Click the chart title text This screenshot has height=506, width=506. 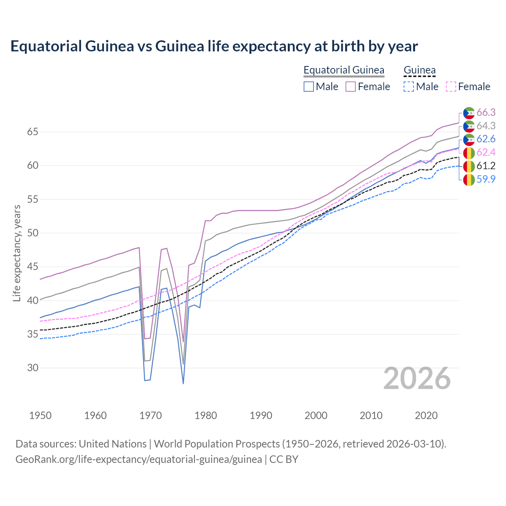pos(214,46)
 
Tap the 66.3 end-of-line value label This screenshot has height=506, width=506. pos(486,113)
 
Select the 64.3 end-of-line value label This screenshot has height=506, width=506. pos(486,126)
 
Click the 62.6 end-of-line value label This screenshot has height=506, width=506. pos(486,139)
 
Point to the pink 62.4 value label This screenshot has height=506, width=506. pos(486,153)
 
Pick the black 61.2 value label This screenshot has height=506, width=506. pos(486,166)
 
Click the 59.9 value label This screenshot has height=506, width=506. pos(486,179)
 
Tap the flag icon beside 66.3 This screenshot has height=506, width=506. pos(469,113)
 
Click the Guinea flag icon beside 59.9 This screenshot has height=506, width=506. pos(469,179)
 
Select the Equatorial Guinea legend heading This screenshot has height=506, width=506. pos(344,70)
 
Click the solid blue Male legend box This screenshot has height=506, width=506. pos(309,87)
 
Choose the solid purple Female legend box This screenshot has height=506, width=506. pos(351,87)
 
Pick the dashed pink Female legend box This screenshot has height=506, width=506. pos(451,87)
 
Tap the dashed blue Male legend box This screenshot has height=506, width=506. pos(409,87)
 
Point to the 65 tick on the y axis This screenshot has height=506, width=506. pos(32,132)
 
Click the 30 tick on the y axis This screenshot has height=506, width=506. pos(32,368)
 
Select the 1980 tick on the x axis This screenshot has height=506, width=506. pos(206,415)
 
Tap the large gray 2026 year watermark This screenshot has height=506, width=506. pos(417,379)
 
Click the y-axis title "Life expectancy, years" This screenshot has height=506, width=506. pos(17,253)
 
